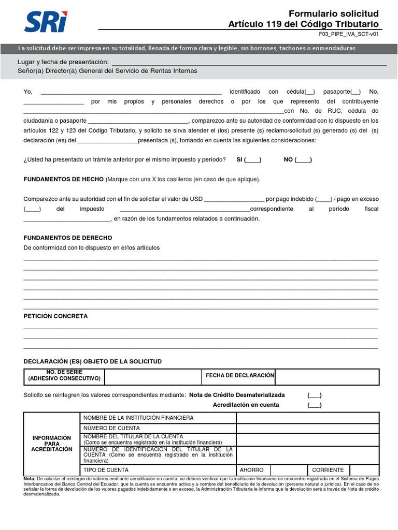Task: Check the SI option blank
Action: click(252, 160)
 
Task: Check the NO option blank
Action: click(303, 160)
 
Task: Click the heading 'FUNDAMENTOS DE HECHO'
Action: click(64, 179)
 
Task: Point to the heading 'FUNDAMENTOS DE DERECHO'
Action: click(68, 238)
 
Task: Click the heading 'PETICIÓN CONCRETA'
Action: click(55, 316)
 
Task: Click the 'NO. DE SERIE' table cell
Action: click(64, 377)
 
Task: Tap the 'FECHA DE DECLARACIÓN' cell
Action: click(239, 375)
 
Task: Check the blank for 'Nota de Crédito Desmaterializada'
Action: click(314, 395)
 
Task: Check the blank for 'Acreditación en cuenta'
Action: click(314, 405)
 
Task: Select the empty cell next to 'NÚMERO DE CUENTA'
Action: click(307, 428)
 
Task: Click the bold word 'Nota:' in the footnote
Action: click(30, 479)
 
